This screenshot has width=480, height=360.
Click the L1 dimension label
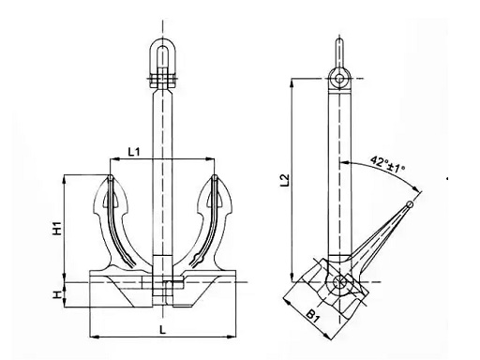(x=134, y=152)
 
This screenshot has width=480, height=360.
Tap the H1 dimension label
(x=57, y=228)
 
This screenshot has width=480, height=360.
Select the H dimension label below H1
(x=56, y=294)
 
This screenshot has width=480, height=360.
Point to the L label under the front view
(x=162, y=330)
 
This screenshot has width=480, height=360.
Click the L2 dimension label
(x=285, y=180)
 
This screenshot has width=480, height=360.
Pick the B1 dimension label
(x=313, y=316)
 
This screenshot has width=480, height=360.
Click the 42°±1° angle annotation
(x=387, y=165)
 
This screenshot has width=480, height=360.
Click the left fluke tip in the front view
(x=111, y=177)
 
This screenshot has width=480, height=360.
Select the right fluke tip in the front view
(x=215, y=177)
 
